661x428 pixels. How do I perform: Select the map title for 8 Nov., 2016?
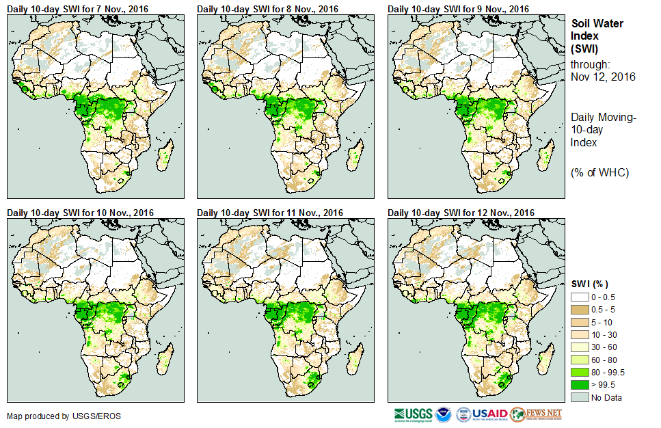pyautogui.click(x=268, y=9)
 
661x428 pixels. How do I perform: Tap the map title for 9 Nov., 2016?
pyautogui.click(x=459, y=9)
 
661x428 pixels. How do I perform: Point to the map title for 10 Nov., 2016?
pyautogui.click(x=80, y=213)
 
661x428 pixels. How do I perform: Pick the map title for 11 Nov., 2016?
pyautogui.click(x=270, y=213)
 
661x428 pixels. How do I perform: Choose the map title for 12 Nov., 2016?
pyautogui.click(x=461, y=213)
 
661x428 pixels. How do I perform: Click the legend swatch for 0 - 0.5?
pyautogui.click(x=581, y=296)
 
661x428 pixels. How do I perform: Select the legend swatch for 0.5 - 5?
pyautogui.click(x=581, y=308)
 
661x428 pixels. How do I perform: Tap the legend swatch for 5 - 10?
pyautogui.click(x=581, y=321)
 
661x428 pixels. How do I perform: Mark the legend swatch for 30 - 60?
pyautogui.click(x=581, y=347)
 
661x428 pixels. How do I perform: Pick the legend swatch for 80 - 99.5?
pyautogui.click(x=581, y=372)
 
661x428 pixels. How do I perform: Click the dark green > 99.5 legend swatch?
pyautogui.click(x=581, y=384)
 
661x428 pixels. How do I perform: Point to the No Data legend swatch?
pyautogui.click(x=581, y=397)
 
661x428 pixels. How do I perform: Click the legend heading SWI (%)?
pyautogui.click(x=590, y=284)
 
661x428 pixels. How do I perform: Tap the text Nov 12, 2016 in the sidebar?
pyautogui.click(x=603, y=77)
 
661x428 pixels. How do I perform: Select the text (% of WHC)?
pyautogui.click(x=599, y=172)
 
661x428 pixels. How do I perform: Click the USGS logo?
pyautogui.click(x=413, y=414)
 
